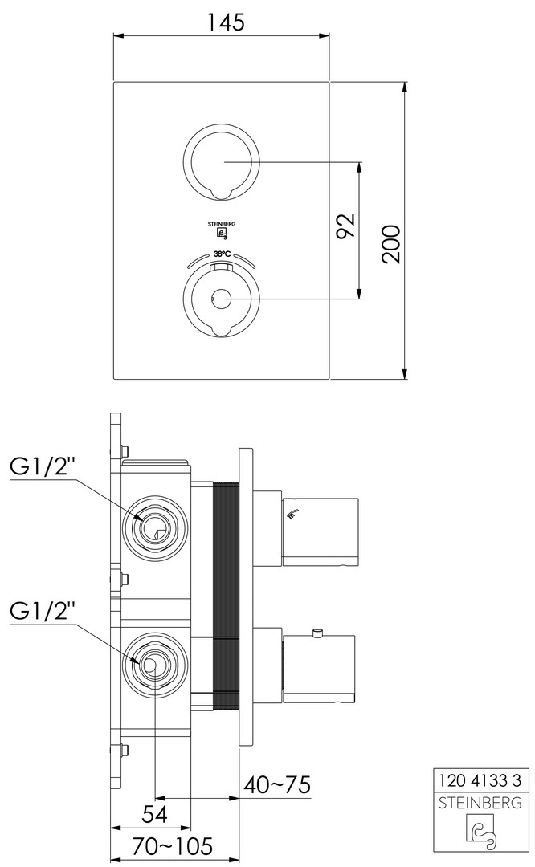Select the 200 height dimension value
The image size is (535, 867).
tap(392, 244)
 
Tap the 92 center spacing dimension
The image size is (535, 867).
tap(345, 225)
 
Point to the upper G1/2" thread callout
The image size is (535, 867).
tap(43, 466)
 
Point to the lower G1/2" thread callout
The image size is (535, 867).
tap(43, 612)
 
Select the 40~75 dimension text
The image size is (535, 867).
tap(276, 784)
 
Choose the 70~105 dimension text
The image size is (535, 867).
tap(172, 846)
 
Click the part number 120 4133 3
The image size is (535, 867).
tap(480, 780)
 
